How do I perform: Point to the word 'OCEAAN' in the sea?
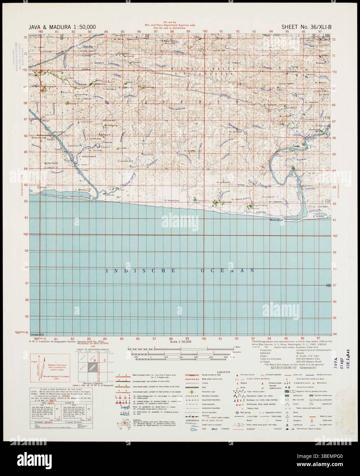(x=227, y=271)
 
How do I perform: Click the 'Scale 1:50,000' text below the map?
(x=181, y=341)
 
